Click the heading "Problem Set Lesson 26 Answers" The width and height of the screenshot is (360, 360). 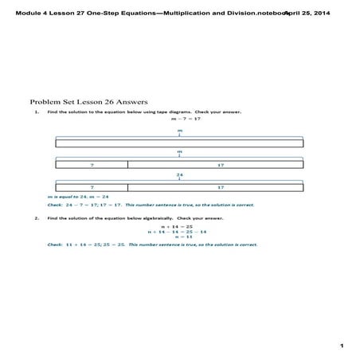click(82, 102)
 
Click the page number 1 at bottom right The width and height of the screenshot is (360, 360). click(340, 346)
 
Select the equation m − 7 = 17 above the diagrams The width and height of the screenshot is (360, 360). click(179, 119)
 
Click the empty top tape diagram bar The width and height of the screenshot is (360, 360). click(179, 143)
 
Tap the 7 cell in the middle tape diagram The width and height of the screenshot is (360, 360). click(92, 165)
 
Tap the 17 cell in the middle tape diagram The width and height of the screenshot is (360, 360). click(215, 165)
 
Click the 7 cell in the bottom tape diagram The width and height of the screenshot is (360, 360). click(92, 187)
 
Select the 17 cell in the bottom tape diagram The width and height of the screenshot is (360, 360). click(215, 187)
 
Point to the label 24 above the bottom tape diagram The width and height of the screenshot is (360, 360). click(179, 174)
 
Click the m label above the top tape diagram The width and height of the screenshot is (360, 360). click(179, 130)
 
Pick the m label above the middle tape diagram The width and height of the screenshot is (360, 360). click(179, 151)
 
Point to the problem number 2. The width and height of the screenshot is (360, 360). click(37, 217)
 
